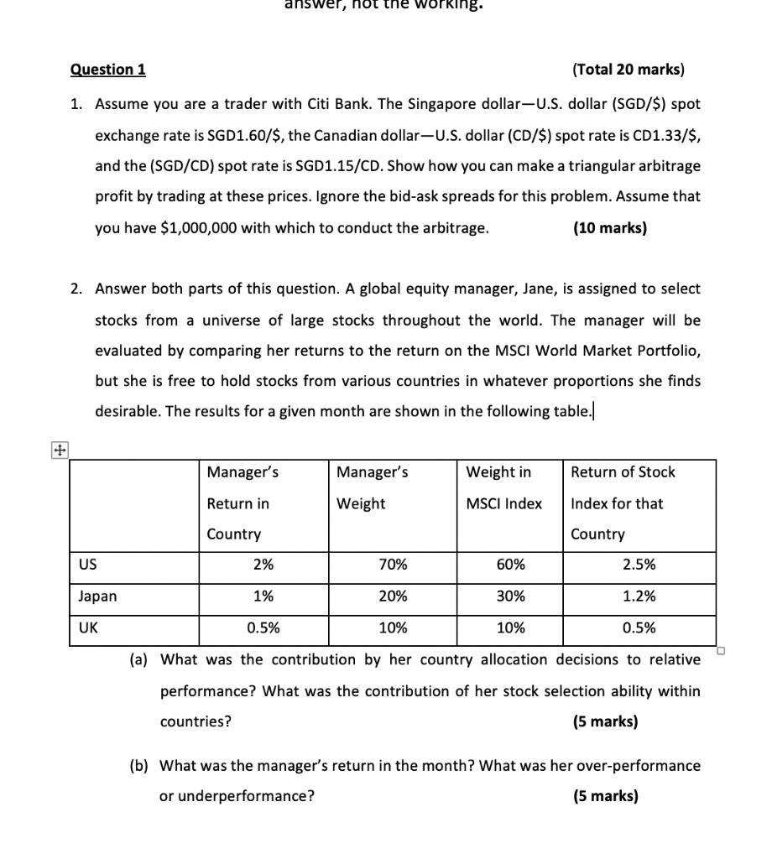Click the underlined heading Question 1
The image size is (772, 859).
tap(107, 70)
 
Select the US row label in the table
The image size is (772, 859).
tap(86, 565)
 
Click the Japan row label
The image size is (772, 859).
tap(97, 597)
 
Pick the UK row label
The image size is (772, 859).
tap(87, 628)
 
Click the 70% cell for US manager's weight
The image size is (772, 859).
tap(393, 565)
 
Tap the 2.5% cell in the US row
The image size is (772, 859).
tap(639, 565)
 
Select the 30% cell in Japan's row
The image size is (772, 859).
tap(510, 597)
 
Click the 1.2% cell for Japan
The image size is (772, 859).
tap(639, 597)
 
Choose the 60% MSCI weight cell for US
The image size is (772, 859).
tap(510, 565)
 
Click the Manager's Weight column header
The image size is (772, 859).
tap(372, 487)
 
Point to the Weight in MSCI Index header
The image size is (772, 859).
tap(503, 487)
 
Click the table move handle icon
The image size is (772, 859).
tap(58, 450)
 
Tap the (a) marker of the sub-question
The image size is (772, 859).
tap(138, 660)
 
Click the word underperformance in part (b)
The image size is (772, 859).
tap(237, 796)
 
